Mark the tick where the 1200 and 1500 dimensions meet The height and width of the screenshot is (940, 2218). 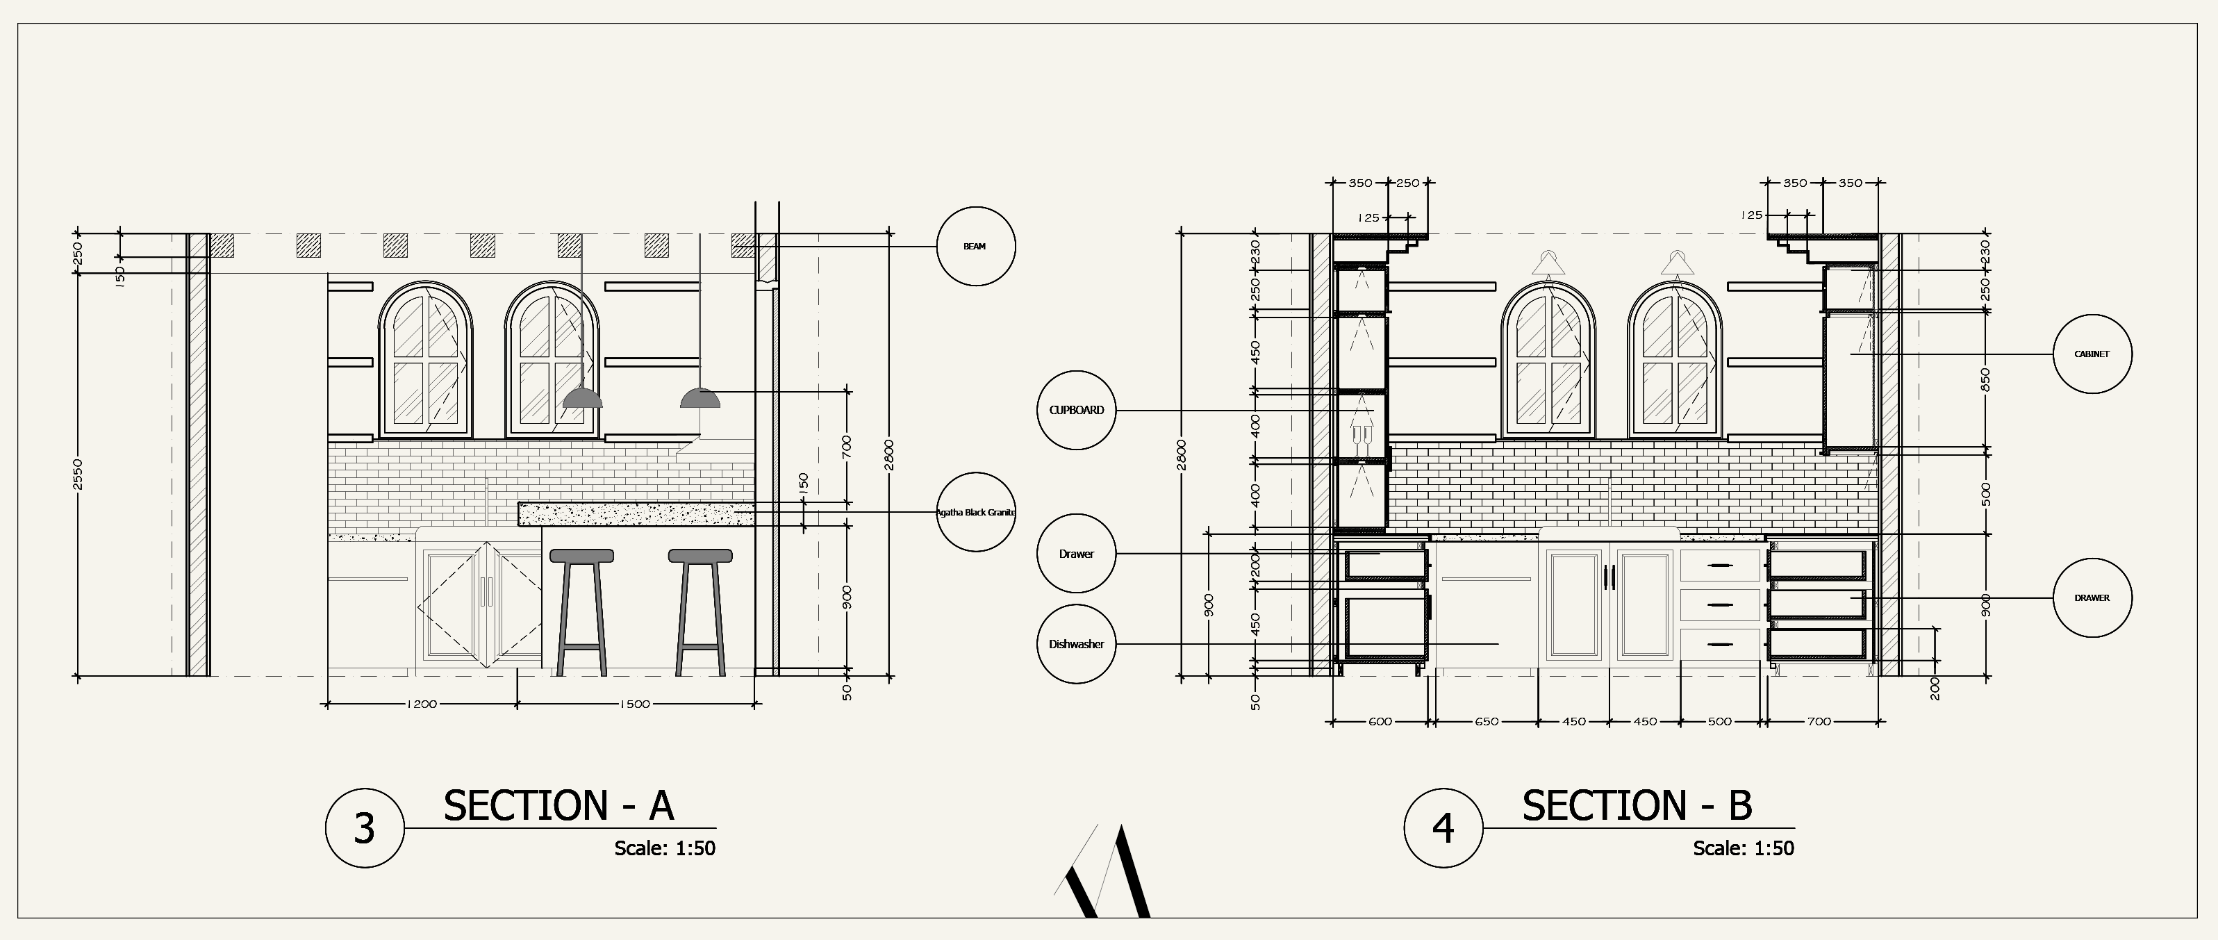tap(518, 704)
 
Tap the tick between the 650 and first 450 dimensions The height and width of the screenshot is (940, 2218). tap(1539, 721)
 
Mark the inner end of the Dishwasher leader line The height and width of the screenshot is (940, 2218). tap(1499, 644)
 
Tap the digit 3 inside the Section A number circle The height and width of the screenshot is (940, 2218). tap(364, 829)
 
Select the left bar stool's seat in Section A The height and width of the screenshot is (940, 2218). tap(582, 556)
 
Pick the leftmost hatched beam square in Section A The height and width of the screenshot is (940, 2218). tap(222, 245)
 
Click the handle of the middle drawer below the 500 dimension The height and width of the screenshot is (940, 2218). tap(1719, 605)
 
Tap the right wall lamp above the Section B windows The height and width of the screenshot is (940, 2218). tap(1676, 263)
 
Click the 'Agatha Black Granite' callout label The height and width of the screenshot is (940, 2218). tap(975, 512)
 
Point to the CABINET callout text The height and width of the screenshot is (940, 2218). tap(2092, 354)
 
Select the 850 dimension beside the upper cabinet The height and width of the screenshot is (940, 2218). tap(1985, 379)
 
